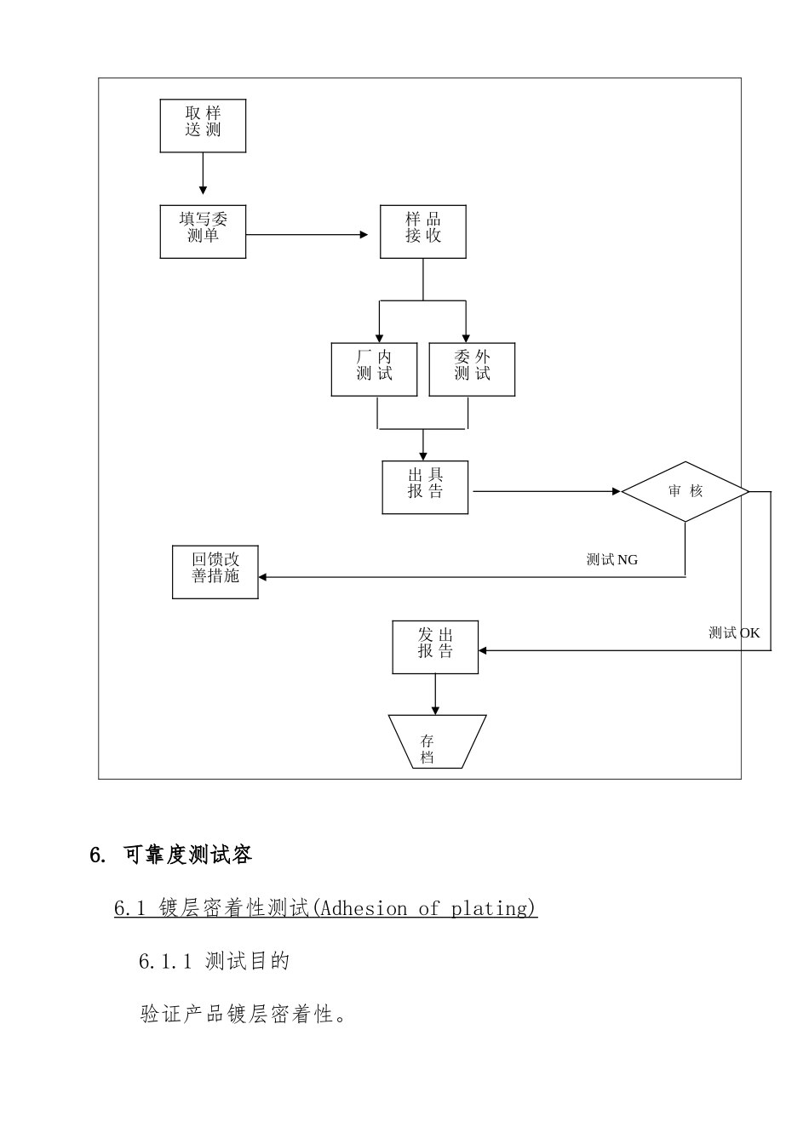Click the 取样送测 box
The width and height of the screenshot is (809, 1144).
tap(203, 126)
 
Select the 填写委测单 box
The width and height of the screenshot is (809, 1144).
tap(203, 232)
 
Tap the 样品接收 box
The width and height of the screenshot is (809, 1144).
tap(423, 232)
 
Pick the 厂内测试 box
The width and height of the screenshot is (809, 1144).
tap(374, 369)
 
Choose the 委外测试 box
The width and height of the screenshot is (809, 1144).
tap(472, 369)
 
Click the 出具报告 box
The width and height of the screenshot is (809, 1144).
tap(425, 488)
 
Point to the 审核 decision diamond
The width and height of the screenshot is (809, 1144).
tap(685, 492)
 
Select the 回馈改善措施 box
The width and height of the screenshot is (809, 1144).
tap(215, 572)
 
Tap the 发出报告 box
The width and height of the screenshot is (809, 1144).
tap(435, 648)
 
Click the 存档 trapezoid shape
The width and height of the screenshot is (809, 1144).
tap(436, 742)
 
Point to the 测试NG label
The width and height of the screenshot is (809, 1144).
tap(611, 560)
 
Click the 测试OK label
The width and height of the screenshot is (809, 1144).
tap(734, 633)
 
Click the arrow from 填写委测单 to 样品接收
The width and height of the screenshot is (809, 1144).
tap(307, 234)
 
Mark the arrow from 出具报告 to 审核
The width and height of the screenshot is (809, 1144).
tap(545, 491)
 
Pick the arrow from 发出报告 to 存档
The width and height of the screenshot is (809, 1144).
tap(435, 694)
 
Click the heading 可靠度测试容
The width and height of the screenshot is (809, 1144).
tap(187, 855)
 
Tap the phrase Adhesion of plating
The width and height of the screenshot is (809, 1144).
tap(426, 909)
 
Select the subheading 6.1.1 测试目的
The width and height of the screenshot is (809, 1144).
tap(215, 962)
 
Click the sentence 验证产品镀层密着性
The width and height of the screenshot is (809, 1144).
tap(243, 1015)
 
